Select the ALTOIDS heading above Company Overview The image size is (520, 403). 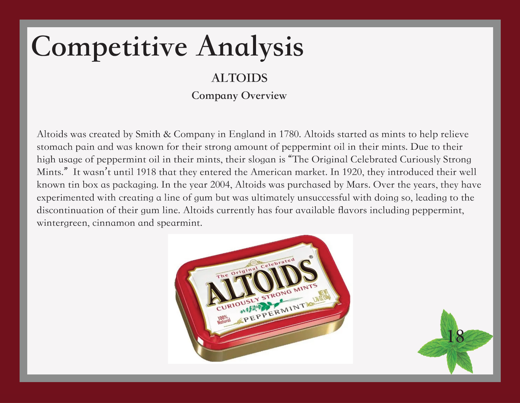point(239,78)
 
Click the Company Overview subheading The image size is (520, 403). point(239,96)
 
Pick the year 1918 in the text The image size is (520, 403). point(146,172)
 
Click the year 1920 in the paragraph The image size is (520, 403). point(353,172)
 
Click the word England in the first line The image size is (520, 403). point(247,134)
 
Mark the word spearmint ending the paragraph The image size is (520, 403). point(179,223)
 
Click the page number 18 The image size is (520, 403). point(455,336)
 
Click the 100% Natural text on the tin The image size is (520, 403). point(224,320)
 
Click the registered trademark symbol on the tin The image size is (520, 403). point(311,257)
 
